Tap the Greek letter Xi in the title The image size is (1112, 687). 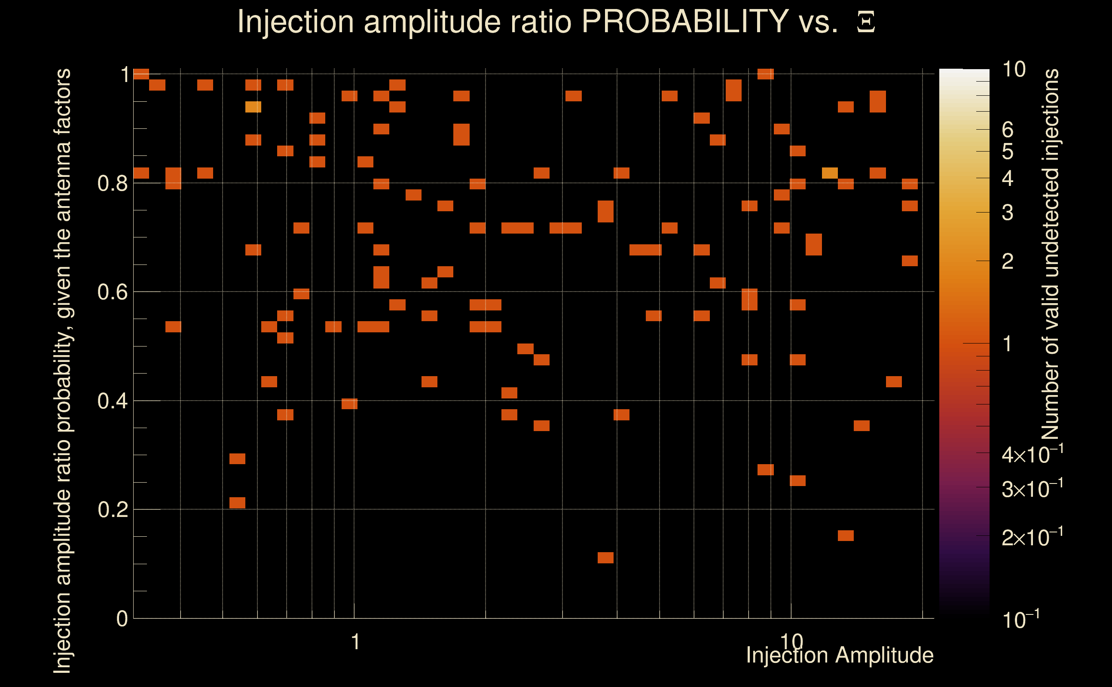[866, 22]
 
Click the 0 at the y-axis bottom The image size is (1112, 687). [122, 619]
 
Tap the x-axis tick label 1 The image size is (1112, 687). [355, 642]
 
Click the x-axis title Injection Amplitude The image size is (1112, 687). [839, 655]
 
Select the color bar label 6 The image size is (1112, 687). [1008, 130]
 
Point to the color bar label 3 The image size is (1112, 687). [1008, 212]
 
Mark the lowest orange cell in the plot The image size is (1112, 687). [605, 557]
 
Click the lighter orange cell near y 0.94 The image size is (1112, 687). [253, 107]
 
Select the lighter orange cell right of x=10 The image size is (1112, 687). [830, 173]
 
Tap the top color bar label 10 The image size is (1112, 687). [1014, 70]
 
